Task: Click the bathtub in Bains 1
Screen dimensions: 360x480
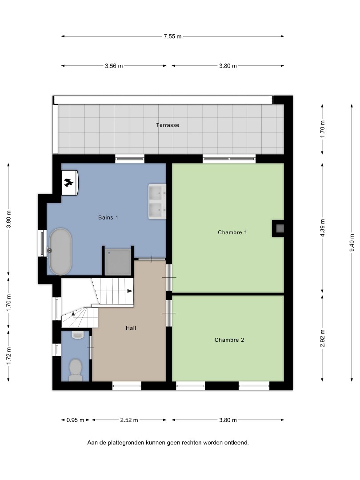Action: [60, 252]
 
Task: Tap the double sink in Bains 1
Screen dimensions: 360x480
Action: [157, 201]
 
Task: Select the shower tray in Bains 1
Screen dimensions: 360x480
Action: [118, 262]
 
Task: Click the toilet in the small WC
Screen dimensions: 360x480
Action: [75, 369]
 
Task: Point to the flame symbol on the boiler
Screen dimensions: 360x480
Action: [69, 183]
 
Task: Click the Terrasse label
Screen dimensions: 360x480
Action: [168, 125]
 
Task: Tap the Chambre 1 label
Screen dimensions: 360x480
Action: [232, 232]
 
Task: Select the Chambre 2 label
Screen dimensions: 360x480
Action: [229, 340]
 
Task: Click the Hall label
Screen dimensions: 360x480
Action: [131, 328]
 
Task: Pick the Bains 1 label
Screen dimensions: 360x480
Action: [108, 217]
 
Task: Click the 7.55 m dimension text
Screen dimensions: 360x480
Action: [172, 36]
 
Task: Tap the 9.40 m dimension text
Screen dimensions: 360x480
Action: [352, 243]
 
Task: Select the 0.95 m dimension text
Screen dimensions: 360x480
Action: [75, 420]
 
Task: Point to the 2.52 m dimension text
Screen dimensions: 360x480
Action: [129, 420]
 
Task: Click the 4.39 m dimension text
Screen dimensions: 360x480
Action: [322, 228]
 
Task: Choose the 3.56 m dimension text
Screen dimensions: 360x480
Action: [114, 66]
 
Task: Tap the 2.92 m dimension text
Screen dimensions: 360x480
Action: [322, 338]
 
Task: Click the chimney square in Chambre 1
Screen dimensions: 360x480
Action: [280, 228]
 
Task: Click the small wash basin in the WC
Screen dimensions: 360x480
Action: [78, 335]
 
